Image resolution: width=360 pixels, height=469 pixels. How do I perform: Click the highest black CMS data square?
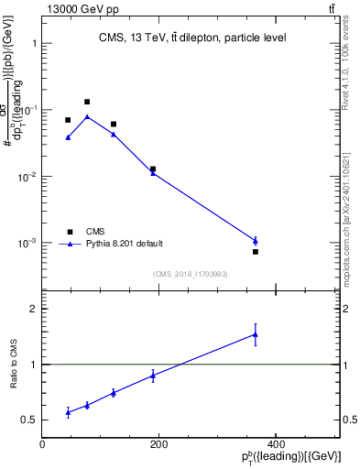(x=87, y=102)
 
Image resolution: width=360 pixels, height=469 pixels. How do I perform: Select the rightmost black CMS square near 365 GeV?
(x=256, y=252)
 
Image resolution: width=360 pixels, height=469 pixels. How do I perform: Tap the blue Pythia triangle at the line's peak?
(x=87, y=116)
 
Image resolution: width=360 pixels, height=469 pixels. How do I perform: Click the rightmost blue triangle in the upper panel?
(x=256, y=241)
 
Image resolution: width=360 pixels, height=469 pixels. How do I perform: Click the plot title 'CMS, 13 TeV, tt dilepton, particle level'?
(x=192, y=38)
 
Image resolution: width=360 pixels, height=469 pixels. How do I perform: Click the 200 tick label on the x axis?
(x=158, y=444)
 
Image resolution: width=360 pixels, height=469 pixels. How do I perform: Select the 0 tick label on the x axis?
(x=42, y=444)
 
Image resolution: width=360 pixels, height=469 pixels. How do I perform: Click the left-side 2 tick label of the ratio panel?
(x=33, y=310)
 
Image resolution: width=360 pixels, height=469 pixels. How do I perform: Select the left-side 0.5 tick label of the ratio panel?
(x=29, y=420)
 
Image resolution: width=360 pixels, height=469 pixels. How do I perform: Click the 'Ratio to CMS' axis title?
(x=14, y=365)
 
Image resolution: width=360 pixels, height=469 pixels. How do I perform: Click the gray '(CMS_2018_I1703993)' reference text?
(x=191, y=273)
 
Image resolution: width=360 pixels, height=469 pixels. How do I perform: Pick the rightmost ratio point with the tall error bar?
(x=256, y=334)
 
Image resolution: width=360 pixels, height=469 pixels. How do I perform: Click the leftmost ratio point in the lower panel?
(x=68, y=412)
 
